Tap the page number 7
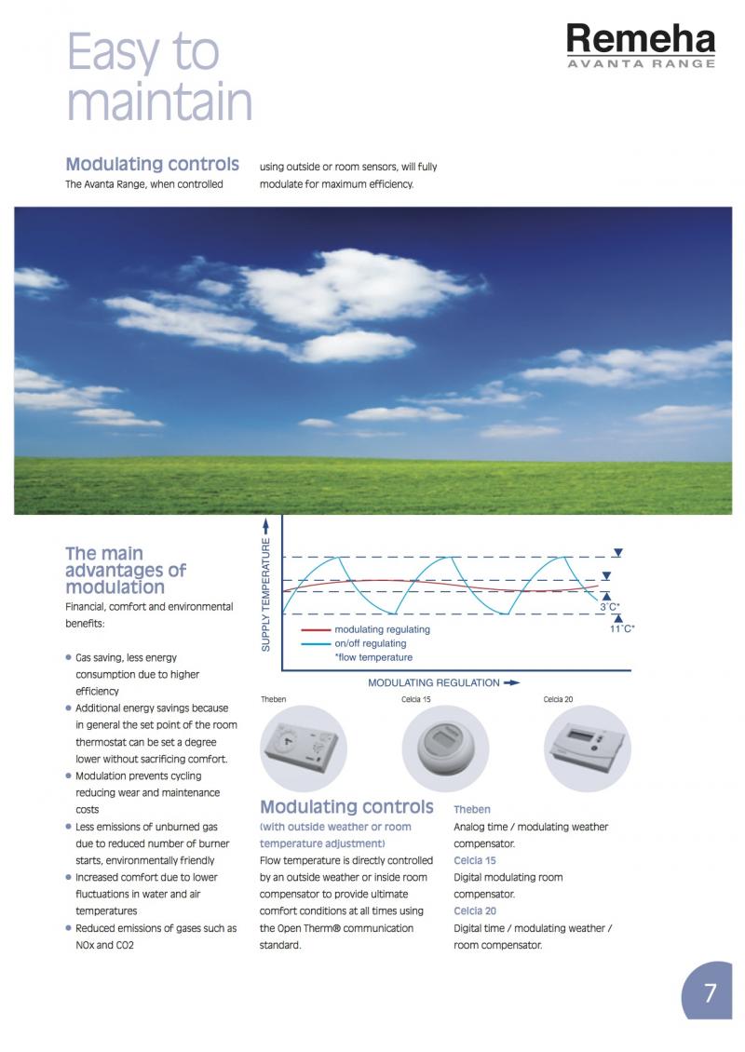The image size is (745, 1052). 711,993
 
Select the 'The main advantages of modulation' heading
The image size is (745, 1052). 126,570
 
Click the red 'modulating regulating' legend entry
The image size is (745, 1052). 382,629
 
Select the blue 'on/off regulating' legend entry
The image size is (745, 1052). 370,643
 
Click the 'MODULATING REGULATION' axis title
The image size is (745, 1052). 434,682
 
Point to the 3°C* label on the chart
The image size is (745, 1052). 610,607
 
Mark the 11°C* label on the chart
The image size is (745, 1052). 621,629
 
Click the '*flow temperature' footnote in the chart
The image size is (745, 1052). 373,657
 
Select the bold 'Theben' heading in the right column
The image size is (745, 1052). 472,810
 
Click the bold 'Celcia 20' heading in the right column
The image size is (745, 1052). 475,910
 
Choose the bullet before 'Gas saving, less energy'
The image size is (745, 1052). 69,657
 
